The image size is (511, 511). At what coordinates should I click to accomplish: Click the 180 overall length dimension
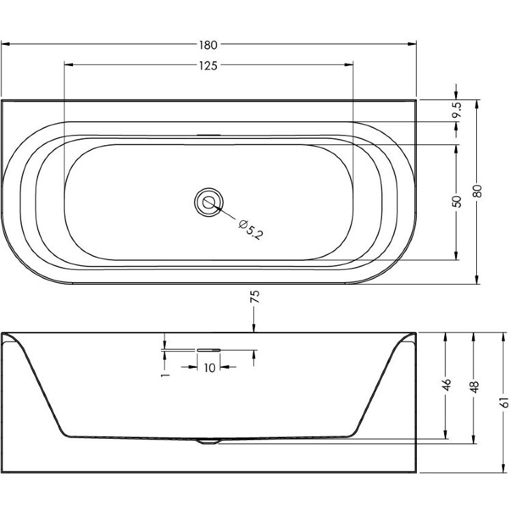coord(208,45)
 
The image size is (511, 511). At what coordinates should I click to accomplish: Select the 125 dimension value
coord(208,66)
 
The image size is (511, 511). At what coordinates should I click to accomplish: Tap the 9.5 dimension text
coord(457,110)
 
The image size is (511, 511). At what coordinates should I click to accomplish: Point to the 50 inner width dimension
coord(457,202)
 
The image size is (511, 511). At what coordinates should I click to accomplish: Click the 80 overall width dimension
coord(477,191)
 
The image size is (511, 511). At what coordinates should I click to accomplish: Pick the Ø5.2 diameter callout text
coord(250,230)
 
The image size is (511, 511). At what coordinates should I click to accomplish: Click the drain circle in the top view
coord(209,202)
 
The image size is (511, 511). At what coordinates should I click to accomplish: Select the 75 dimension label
coord(255,296)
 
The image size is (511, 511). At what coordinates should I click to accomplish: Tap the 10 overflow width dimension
coord(209,368)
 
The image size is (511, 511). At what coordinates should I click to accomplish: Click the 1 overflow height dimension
coord(166,375)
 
